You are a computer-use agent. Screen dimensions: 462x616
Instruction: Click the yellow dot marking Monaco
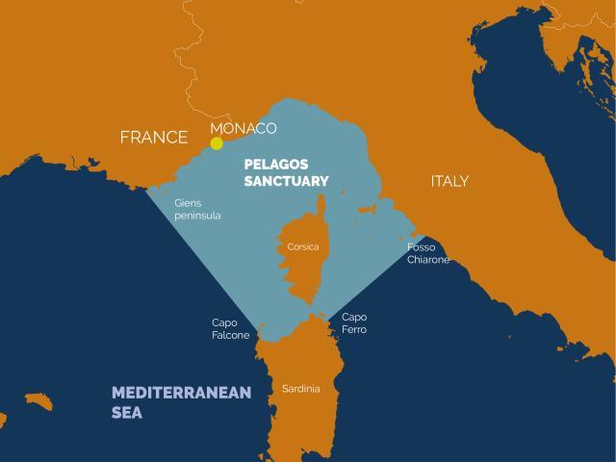217,143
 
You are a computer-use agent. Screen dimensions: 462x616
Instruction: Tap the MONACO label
243,128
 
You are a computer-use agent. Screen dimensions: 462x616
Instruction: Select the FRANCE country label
153,138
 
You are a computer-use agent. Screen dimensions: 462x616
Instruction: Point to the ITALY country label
449,181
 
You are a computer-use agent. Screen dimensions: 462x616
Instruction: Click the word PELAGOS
277,164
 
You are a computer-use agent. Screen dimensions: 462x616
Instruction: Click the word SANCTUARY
286,181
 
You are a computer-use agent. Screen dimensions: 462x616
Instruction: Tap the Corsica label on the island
303,247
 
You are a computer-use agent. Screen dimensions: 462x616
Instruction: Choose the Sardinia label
301,389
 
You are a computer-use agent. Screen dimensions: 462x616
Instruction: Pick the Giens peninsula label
197,210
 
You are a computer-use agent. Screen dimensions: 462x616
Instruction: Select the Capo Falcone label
231,329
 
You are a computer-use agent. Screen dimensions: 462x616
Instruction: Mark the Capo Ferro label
354,323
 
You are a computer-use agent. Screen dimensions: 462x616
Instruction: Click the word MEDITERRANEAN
181,393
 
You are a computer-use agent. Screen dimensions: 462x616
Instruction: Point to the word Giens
189,203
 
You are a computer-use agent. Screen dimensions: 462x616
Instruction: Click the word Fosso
422,247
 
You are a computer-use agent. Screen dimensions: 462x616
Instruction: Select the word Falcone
231,336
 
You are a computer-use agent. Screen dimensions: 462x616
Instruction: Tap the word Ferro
354,330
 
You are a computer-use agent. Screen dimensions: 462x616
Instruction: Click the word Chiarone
427,260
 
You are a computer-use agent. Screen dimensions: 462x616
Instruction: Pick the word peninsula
197,217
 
